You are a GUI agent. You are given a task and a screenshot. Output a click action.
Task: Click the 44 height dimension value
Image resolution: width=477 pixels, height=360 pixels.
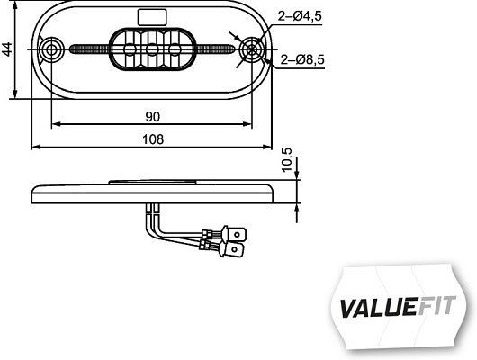tap(8, 50)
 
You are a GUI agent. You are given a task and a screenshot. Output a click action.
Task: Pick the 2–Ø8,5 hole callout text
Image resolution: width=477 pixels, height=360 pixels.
tap(301, 60)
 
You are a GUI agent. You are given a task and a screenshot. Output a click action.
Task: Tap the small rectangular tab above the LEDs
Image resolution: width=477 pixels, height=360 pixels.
tap(145, 14)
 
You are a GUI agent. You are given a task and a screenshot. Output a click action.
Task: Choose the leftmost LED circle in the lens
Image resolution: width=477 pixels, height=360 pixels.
tap(128, 49)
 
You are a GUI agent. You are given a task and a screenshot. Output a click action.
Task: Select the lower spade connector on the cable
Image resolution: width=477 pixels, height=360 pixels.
tap(233, 244)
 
